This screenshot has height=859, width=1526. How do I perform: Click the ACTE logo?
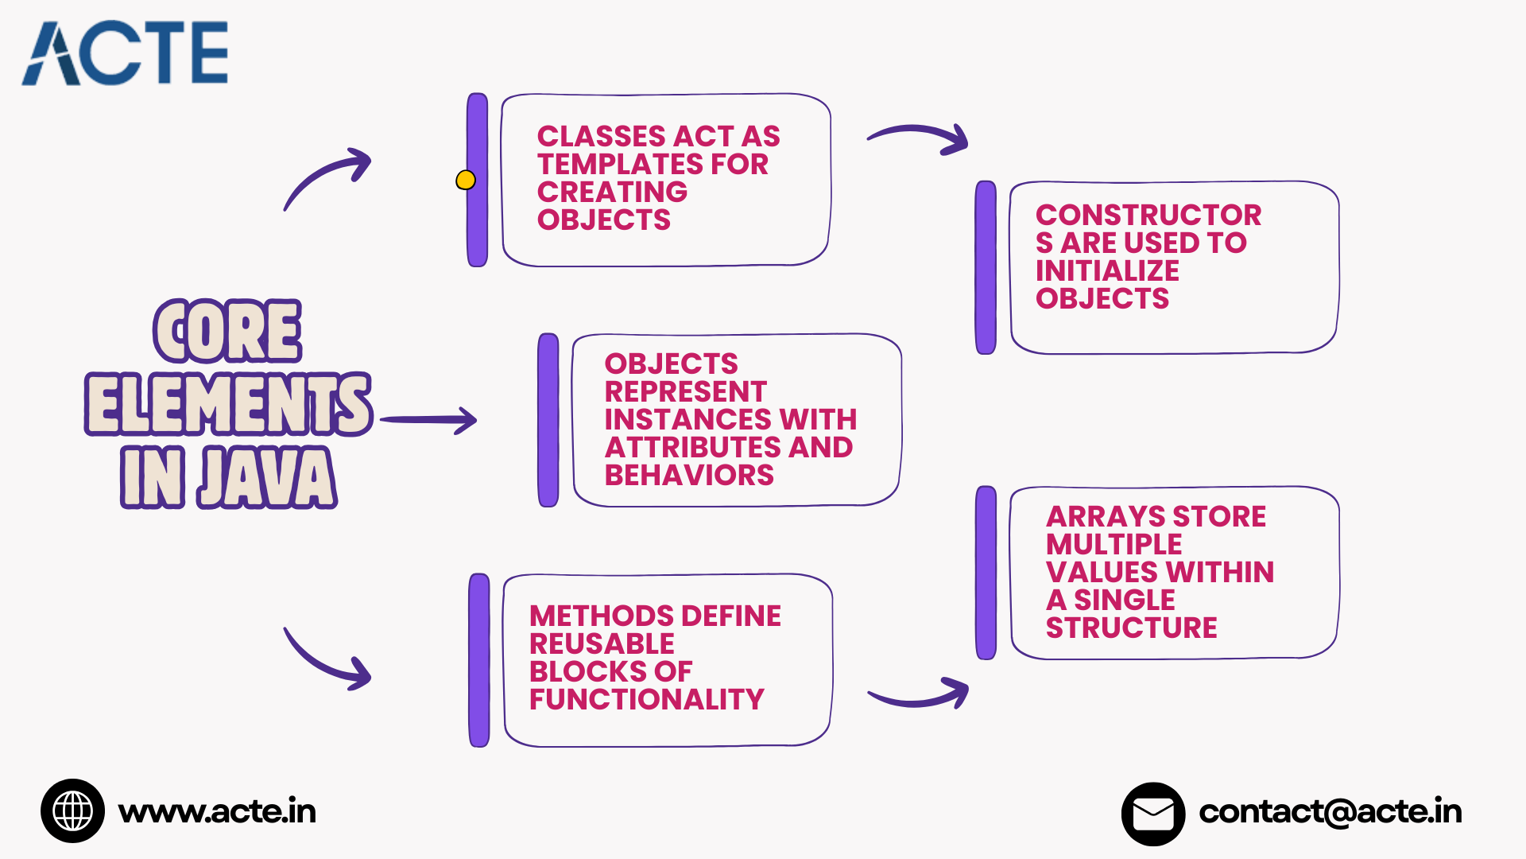point(126,53)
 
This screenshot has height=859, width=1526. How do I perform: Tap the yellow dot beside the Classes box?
point(466,181)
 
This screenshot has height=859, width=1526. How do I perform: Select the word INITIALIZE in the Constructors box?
point(1107,271)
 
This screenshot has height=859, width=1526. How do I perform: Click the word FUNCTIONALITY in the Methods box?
point(646,700)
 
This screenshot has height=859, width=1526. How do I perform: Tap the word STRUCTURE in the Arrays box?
point(1131,628)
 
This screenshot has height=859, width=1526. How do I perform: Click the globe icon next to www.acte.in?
point(72,811)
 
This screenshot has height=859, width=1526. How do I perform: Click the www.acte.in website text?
point(217,812)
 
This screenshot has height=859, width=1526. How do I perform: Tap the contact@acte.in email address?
point(1330,812)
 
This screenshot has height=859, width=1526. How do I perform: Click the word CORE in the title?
point(227,331)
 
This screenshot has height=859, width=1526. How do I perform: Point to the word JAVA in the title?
point(267,477)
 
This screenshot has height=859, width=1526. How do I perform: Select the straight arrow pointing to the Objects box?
point(429,420)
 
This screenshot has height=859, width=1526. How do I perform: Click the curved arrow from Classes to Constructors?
point(919,138)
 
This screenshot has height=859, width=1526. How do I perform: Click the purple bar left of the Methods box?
point(479,660)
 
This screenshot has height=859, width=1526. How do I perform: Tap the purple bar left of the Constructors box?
point(986,267)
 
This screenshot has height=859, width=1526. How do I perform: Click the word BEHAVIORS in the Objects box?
point(689,476)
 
